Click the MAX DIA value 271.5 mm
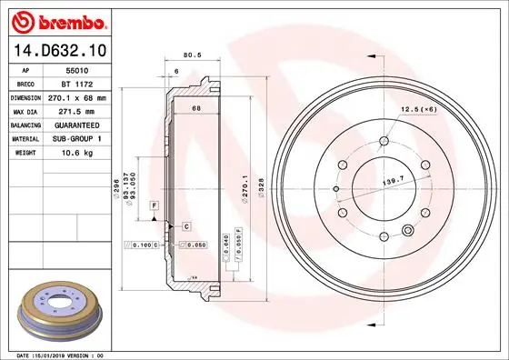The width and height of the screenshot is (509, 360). tap(78, 110)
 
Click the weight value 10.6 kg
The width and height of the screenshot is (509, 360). tap(77, 153)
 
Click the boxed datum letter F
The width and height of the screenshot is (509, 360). tap(155, 207)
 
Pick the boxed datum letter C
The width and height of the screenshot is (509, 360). tap(185, 225)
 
